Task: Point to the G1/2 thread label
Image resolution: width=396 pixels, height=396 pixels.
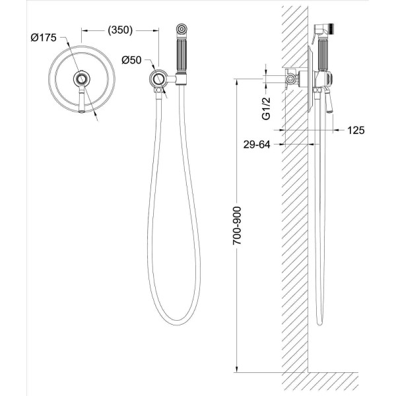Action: coord(266,108)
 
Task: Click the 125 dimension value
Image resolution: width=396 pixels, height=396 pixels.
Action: coord(356,130)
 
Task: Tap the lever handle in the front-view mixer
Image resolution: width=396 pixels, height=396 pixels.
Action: coord(81,100)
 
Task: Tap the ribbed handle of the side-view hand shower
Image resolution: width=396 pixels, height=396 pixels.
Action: coord(323,56)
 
